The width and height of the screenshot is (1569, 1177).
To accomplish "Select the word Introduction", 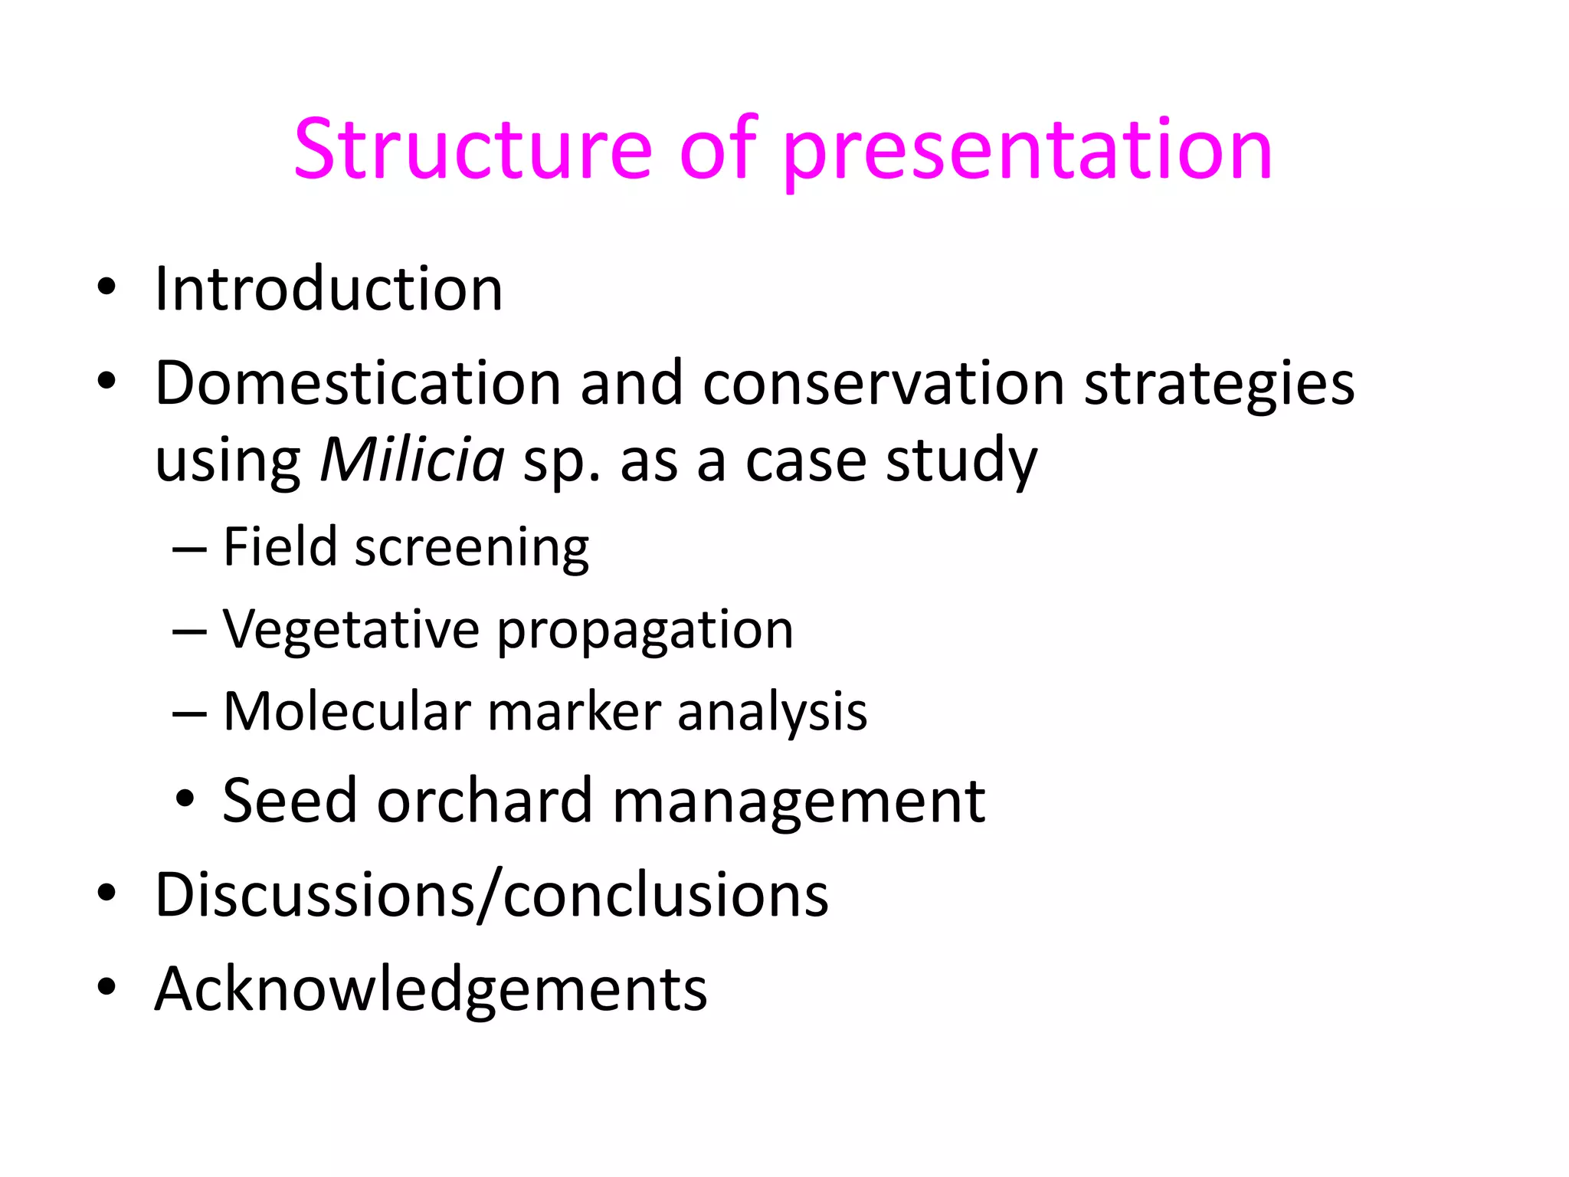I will pos(329,289).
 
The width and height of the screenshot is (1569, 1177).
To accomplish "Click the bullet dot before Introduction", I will pos(106,287).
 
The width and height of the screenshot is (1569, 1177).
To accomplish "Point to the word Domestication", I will pos(358,382).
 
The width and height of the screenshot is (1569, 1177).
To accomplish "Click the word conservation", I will pos(883,382).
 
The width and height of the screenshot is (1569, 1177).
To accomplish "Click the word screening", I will pos(472,549).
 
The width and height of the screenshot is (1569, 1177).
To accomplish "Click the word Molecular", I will pos(346,712).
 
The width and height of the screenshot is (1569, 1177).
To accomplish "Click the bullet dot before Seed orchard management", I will pos(185,800).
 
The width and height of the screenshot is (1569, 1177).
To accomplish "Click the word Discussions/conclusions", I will pos(491,894).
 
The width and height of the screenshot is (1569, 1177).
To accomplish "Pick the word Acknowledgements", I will pos(431,990).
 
